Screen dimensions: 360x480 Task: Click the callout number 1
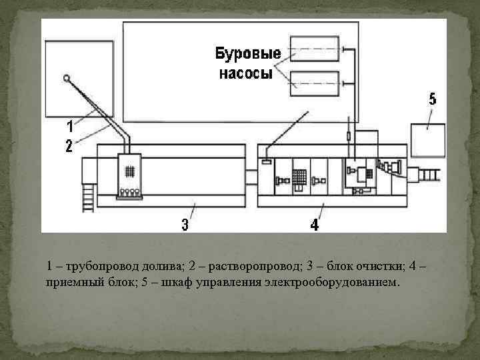click(69, 125)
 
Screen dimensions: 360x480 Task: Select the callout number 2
click(69, 146)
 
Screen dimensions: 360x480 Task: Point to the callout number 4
click(314, 225)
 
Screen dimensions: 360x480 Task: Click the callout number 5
click(433, 100)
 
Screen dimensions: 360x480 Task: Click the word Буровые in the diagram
click(247, 53)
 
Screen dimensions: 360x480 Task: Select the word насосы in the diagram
click(246, 74)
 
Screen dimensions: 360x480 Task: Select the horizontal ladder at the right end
click(428, 177)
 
